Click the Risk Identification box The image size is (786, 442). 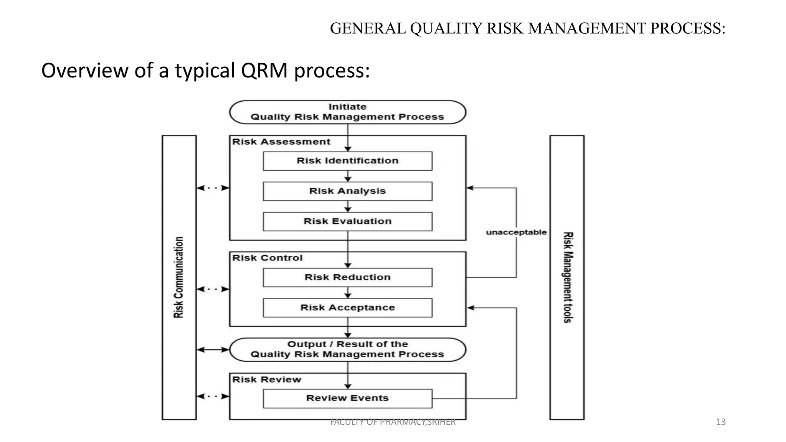(x=347, y=161)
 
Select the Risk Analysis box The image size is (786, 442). (x=347, y=191)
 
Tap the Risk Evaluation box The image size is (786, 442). (x=347, y=221)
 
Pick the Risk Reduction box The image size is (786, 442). (x=347, y=277)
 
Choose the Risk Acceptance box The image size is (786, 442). (x=347, y=308)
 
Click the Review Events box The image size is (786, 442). (x=347, y=398)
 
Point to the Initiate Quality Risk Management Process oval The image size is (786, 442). (x=347, y=112)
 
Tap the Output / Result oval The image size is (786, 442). (x=347, y=350)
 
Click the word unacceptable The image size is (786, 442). (x=516, y=232)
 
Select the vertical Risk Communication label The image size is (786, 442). (x=179, y=277)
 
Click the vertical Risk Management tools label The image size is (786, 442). (x=568, y=277)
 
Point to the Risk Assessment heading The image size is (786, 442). (x=281, y=142)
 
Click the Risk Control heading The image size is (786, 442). (x=267, y=258)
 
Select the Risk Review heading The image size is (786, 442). (x=266, y=380)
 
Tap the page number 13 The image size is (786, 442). (x=721, y=422)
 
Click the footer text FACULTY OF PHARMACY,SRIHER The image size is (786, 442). (x=393, y=422)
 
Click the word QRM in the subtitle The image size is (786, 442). (x=264, y=71)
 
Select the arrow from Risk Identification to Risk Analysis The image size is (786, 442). (x=348, y=176)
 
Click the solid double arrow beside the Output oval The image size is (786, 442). (x=213, y=350)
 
